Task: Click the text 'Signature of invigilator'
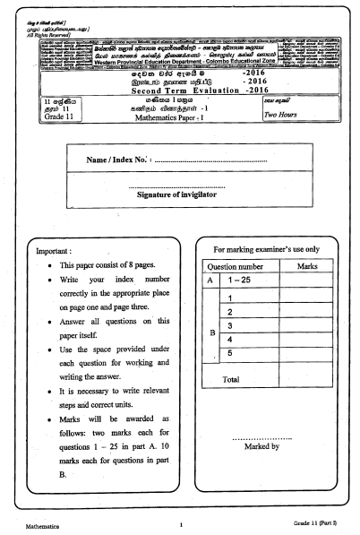[180, 220]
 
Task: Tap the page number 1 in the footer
[181, 525]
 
